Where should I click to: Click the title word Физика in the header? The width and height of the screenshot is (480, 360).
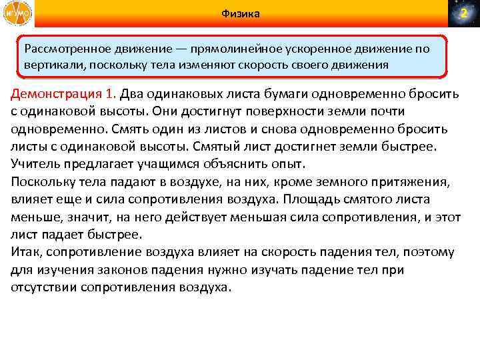241,14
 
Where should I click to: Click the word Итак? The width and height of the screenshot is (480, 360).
27,252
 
